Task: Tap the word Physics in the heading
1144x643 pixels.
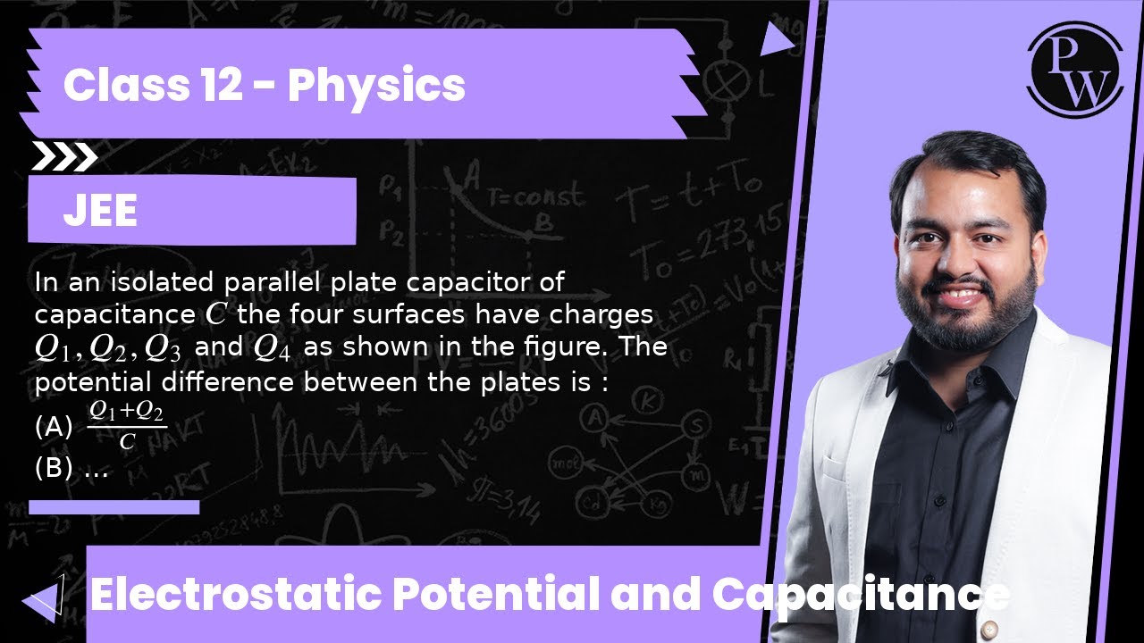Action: (376, 86)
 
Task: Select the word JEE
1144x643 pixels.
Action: (100, 213)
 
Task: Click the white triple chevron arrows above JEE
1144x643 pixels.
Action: (63, 157)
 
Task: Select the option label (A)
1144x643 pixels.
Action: (54, 427)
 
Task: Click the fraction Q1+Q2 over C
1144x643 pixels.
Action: (127, 426)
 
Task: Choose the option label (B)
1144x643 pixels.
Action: (54, 468)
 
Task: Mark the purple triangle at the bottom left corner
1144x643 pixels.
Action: (43, 601)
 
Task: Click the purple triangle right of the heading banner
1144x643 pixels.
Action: (776, 38)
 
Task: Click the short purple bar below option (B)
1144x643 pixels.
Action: (114, 507)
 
